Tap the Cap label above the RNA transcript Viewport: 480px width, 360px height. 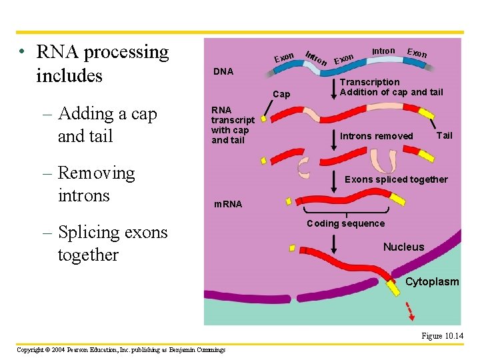pos(281,94)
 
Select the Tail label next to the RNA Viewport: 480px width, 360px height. pos(444,135)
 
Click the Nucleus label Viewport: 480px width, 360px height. pos(403,247)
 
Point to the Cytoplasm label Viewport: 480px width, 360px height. pos(432,281)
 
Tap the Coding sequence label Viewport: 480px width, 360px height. pos(345,223)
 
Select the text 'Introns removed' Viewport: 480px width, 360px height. pos(377,136)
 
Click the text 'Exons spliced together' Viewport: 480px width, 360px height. pos(396,179)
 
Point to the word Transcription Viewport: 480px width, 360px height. pos(370,82)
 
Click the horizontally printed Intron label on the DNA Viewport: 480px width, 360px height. pos(383,51)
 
